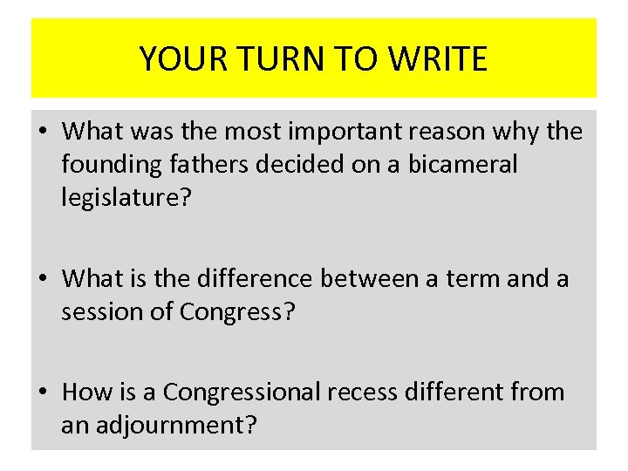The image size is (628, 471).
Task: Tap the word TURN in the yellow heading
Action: tap(273, 59)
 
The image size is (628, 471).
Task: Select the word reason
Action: tap(459, 132)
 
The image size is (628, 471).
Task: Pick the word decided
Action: tap(312, 165)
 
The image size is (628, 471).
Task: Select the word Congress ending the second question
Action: tap(238, 311)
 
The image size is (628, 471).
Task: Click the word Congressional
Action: tap(242, 392)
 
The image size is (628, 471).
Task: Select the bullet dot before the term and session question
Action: tap(44, 279)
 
